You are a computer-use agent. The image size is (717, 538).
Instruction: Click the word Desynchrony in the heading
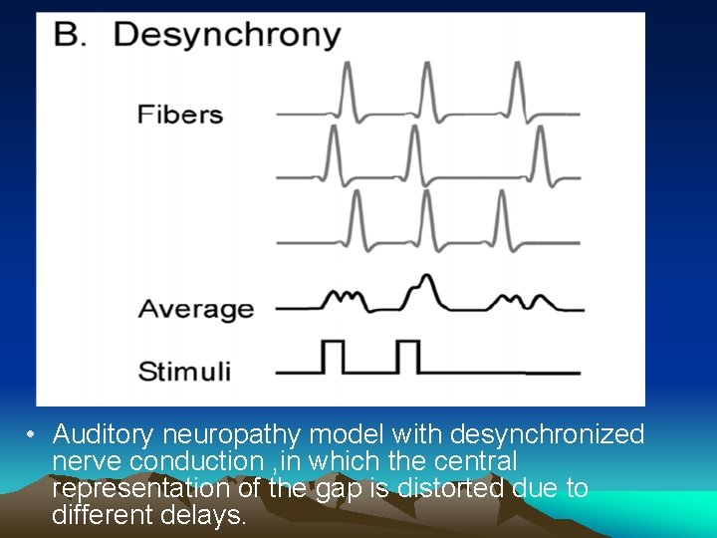click(x=227, y=36)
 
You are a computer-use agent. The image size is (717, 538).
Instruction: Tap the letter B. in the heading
click(x=71, y=35)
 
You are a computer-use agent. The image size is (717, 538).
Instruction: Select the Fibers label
click(x=180, y=114)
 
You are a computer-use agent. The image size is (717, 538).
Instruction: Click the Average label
click(x=195, y=309)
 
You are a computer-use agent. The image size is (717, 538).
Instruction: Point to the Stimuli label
click(x=184, y=373)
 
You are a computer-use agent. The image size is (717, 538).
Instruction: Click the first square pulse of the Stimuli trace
click(x=332, y=356)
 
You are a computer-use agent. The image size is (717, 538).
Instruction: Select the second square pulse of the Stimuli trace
click(x=408, y=356)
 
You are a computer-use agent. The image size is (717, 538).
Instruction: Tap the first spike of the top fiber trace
click(x=346, y=90)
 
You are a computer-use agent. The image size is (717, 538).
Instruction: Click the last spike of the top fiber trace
click(x=518, y=90)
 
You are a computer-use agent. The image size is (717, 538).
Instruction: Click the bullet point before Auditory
click(x=33, y=435)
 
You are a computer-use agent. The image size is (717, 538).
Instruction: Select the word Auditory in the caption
click(x=103, y=435)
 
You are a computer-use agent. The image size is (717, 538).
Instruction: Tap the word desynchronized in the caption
click(x=547, y=435)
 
